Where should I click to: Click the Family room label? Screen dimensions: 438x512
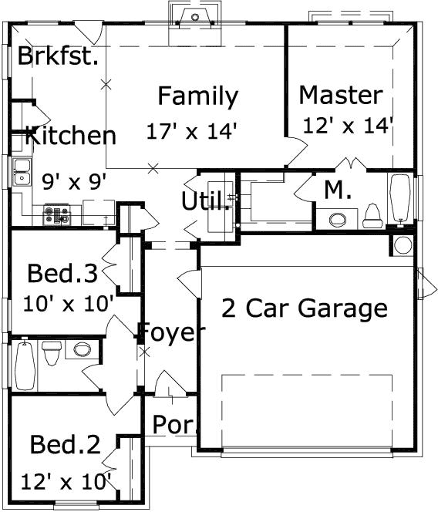click(198, 96)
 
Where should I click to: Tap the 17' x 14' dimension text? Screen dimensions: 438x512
click(191, 131)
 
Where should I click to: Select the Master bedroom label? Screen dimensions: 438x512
click(341, 95)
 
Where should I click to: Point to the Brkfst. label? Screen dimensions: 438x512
click(58, 56)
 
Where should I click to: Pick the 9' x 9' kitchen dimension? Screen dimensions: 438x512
click(75, 181)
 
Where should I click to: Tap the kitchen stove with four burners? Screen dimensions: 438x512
click(57, 214)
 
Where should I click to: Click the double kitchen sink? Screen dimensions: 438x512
click(22, 172)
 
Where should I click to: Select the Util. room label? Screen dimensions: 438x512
click(205, 200)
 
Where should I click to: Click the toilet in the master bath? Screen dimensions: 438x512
click(372, 216)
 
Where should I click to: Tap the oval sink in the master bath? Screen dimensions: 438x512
click(337, 220)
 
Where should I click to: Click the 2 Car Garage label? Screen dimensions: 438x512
click(305, 308)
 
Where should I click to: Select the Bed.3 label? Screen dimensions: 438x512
click(62, 273)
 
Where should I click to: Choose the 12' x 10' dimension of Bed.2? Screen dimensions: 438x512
click(66, 482)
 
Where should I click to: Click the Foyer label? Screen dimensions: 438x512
click(171, 332)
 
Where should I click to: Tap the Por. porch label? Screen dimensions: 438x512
click(175, 425)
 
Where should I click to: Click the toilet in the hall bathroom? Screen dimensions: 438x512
click(52, 353)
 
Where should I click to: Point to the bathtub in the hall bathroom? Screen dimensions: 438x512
click(25, 365)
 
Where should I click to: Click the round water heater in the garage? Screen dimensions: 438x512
click(403, 245)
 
